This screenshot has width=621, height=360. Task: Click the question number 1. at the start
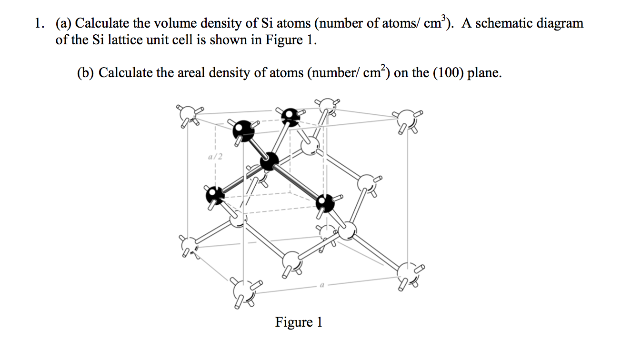coord(41,24)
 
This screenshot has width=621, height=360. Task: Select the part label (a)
coord(64,24)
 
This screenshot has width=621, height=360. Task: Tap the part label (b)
coord(86,73)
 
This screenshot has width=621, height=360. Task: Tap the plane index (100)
coord(448,73)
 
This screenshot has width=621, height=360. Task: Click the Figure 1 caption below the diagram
coord(299,322)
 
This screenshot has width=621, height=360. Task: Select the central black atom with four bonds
coord(270,161)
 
